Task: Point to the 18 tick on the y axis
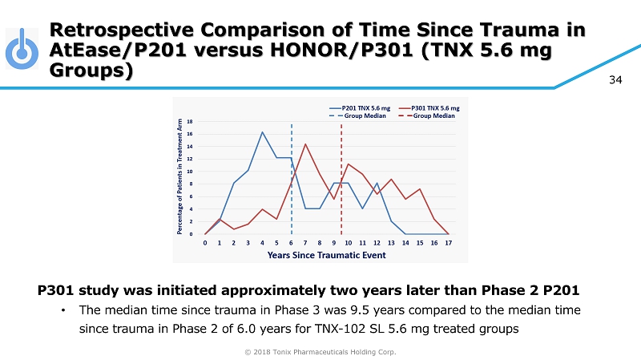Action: [x=189, y=122]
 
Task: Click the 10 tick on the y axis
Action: [x=189, y=172]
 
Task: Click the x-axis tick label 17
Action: [x=449, y=242]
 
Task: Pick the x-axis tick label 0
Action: [x=205, y=242]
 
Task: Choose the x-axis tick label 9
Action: [x=334, y=242]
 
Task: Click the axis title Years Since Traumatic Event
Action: [x=327, y=255]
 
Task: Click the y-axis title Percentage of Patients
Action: [x=182, y=176]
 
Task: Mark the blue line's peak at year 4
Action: [x=262, y=132]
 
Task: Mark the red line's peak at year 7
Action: [x=305, y=144]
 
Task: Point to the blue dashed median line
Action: [x=291, y=184]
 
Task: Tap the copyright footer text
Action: [x=320, y=351]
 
